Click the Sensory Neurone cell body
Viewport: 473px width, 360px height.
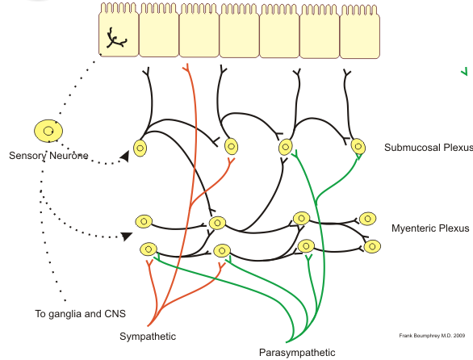(x=48, y=131)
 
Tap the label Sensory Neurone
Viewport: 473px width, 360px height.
(x=48, y=156)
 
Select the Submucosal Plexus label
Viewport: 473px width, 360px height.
(x=429, y=148)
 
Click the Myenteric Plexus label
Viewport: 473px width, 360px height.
(x=430, y=228)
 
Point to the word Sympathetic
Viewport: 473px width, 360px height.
(x=148, y=337)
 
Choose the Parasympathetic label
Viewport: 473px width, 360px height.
(x=297, y=353)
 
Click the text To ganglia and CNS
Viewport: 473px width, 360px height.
(x=80, y=314)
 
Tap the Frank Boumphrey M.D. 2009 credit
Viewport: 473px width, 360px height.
(x=432, y=336)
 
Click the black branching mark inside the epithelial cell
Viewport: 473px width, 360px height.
(x=116, y=39)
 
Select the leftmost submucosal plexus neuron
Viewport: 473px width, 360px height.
(x=140, y=149)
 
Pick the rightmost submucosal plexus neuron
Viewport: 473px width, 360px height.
(x=358, y=147)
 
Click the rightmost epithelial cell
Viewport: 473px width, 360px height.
(x=359, y=31)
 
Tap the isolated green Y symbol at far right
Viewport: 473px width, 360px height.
(x=465, y=72)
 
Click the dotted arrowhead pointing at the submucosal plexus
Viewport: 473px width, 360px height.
(x=125, y=157)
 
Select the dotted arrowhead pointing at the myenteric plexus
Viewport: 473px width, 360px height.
(x=127, y=236)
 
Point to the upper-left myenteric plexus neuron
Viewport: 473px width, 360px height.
(x=144, y=221)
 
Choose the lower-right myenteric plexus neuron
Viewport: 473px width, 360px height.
(x=372, y=246)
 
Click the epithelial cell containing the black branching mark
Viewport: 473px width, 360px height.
(x=119, y=30)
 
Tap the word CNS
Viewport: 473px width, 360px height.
(x=115, y=314)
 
